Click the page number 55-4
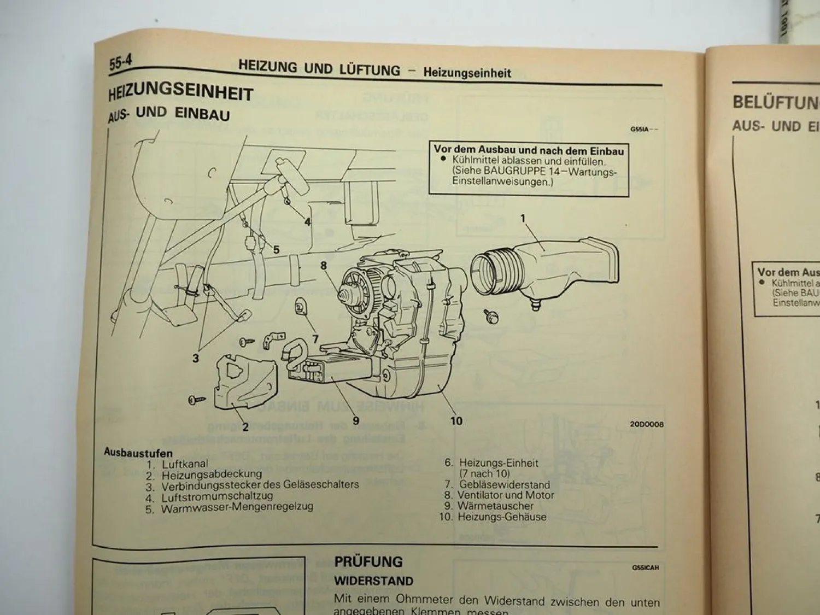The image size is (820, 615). tap(120, 62)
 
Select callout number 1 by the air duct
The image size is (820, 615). tap(523, 219)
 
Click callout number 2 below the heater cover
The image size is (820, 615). tap(245, 427)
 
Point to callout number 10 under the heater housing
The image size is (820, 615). tap(456, 420)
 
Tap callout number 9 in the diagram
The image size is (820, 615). tap(356, 420)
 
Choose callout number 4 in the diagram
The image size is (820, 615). tap(308, 221)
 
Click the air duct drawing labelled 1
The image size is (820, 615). tap(547, 268)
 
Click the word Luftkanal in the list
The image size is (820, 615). tap(185, 464)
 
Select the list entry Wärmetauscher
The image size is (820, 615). tap(495, 506)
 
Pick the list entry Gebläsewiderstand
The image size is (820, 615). tap(504, 484)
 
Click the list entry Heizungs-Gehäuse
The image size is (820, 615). tap(501, 517)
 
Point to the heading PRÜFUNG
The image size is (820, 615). tap(368, 561)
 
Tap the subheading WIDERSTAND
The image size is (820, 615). tap(374, 581)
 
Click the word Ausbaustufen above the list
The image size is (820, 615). tap(138, 453)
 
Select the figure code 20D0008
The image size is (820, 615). tap(646, 424)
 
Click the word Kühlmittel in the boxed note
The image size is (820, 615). tap(475, 161)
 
